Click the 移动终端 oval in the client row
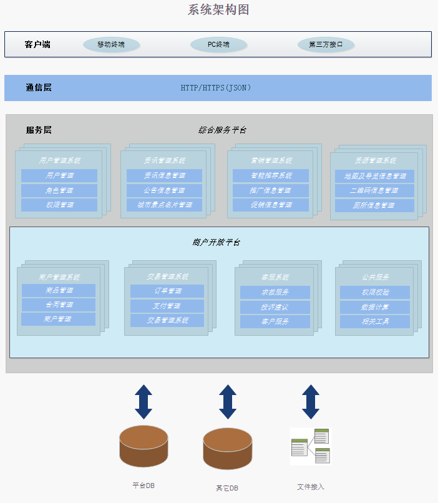pyautogui.click(x=111, y=45)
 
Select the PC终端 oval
pyautogui.click(x=218, y=45)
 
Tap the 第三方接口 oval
pyautogui.click(x=326, y=45)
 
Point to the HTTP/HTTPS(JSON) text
pyautogui.click(x=216, y=88)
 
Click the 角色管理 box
pyautogui.click(x=59, y=190)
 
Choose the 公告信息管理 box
pyautogui.click(x=165, y=190)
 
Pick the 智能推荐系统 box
pyautogui.click(x=271, y=176)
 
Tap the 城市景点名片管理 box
pyautogui.click(x=165, y=205)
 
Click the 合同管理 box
pyautogui.click(x=59, y=305)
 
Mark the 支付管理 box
pyautogui.click(x=167, y=306)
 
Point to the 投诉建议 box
pyautogui.click(x=275, y=307)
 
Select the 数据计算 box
pyautogui.click(x=375, y=307)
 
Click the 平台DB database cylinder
pyautogui.click(x=144, y=446)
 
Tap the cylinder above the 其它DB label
pyautogui.click(x=228, y=449)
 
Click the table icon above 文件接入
pyautogui.click(x=310, y=446)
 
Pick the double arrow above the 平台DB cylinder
pyautogui.click(x=144, y=401)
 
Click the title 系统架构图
pyautogui.click(x=218, y=9)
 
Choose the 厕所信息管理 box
pyautogui.click(x=374, y=205)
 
